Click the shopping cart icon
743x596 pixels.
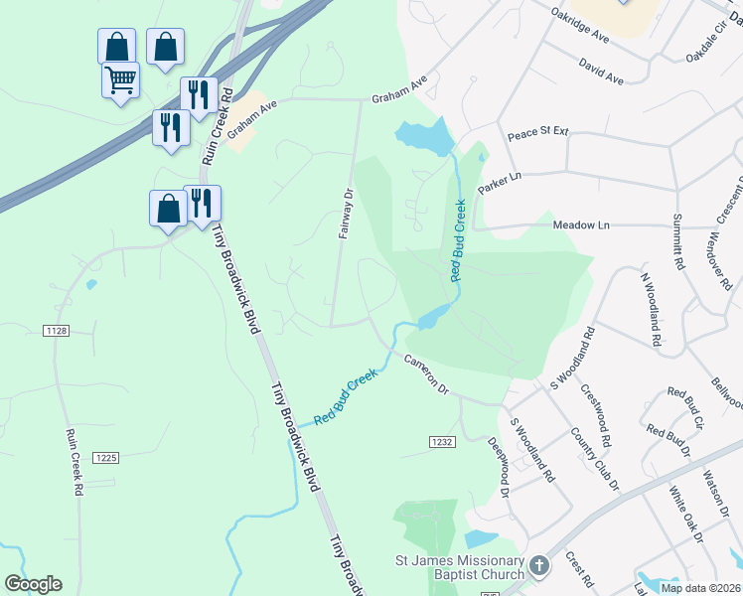click(120, 79)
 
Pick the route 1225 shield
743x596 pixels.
click(106, 458)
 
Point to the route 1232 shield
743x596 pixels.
click(442, 440)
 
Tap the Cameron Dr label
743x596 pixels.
click(427, 373)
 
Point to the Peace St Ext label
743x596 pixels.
click(537, 132)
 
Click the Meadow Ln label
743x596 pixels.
click(580, 225)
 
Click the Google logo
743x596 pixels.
click(33, 584)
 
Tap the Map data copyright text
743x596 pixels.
click(701, 588)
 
